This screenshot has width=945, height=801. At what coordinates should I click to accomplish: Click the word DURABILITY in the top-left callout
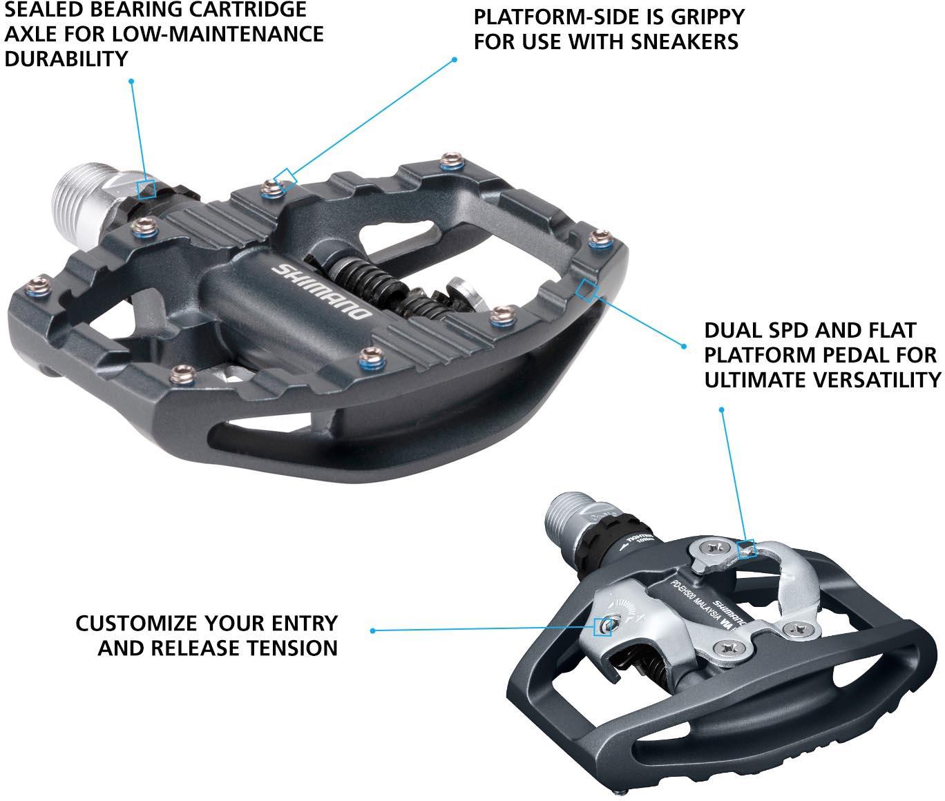coord(66,59)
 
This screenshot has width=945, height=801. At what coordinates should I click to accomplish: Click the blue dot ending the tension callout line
coord(373,630)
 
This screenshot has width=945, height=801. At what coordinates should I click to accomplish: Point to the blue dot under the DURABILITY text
coord(131,81)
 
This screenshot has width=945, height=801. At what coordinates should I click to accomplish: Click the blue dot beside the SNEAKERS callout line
coord(455,60)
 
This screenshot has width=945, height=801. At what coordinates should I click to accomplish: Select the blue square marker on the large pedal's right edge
coord(587,290)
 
